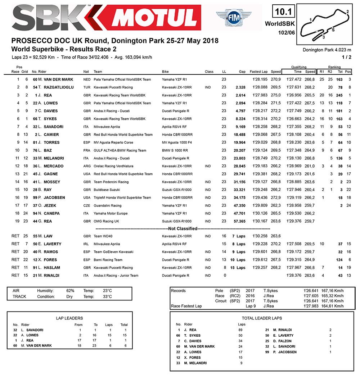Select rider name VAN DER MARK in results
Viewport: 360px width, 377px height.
(58, 80)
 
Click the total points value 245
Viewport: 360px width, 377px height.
(339, 95)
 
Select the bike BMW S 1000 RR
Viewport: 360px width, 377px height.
(175, 150)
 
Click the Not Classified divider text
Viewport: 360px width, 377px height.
(183, 229)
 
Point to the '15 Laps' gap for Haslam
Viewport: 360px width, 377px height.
(239, 268)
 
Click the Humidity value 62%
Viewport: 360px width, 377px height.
(70, 291)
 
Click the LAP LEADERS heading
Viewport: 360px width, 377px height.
(69, 318)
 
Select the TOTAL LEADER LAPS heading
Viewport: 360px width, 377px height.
(262, 318)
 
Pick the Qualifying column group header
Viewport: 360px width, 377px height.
(299, 67)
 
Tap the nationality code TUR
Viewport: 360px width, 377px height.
(86, 87)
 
